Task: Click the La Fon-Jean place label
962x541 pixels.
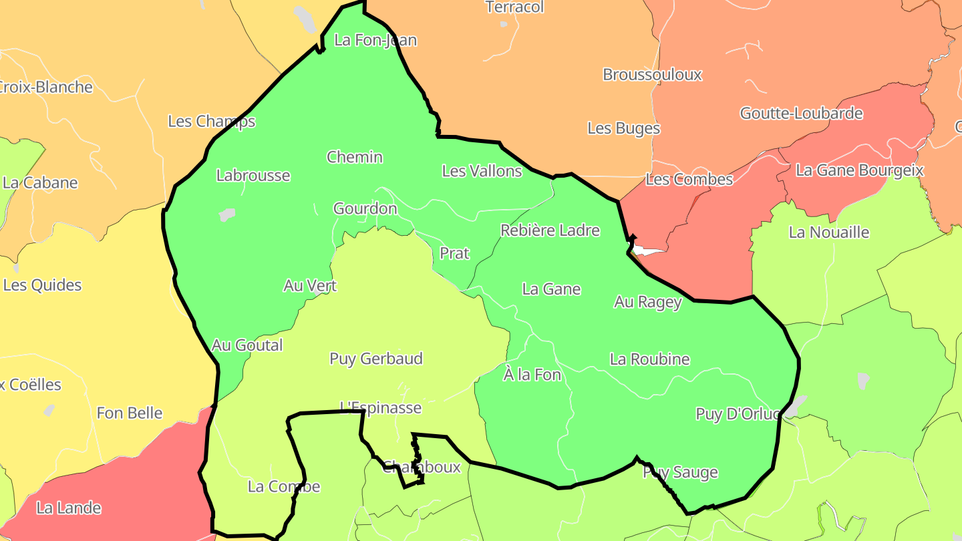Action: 375,40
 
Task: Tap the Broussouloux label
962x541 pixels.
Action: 652,74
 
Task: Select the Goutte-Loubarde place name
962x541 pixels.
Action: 801,114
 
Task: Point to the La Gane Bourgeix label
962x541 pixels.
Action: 859,170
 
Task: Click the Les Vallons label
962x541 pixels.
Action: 482,171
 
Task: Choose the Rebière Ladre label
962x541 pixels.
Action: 550,230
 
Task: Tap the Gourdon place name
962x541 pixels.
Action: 365,208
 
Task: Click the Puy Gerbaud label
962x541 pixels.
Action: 376,359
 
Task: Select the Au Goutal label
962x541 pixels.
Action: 247,345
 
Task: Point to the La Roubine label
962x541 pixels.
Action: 649,359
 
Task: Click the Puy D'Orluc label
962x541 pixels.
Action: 738,414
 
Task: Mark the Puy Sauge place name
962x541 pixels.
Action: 680,472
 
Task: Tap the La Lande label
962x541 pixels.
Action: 69,508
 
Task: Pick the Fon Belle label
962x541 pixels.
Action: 130,413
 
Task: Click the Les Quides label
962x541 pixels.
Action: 42,285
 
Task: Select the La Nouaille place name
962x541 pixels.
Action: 829,232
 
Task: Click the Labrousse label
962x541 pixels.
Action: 253,176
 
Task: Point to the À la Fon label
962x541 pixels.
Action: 532,375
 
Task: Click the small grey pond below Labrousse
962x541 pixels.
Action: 227,214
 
